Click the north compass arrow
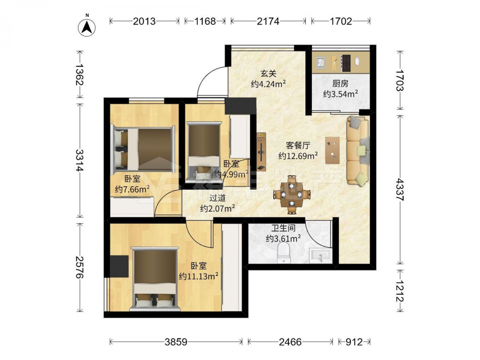pyautogui.click(x=87, y=27)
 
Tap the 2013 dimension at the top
pyautogui.click(x=144, y=21)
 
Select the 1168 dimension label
pyautogui.click(x=205, y=21)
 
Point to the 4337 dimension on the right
pyautogui.click(x=399, y=190)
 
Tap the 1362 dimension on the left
pyautogui.click(x=80, y=74)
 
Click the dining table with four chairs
pyautogui.click(x=292, y=194)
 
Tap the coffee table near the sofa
pyautogui.click(x=333, y=150)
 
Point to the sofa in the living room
pyautogui.click(x=358, y=151)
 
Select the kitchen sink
pyautogui.click(x=321, y=61)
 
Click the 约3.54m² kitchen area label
pyautogui.click(x=340, y=94)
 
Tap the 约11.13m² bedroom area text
pyautogui.click(x=198, y=276)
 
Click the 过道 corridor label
pyautogui.click(x=217, y=198)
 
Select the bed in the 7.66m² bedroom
pyautogui.click(x=143, y=149)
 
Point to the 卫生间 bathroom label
pyautogui.click(x=283, y=228)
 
